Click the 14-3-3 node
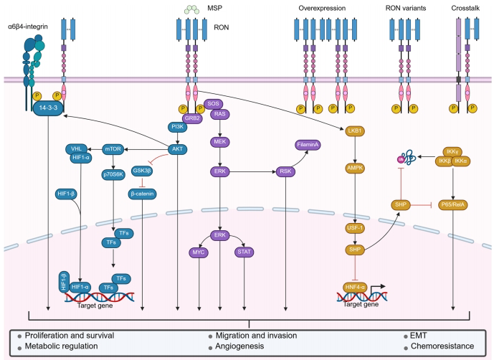pos(49,108)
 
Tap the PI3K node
pos(176,128)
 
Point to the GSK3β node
pos(141,171)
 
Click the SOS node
pos(213,104)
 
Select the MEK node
pos(219,142)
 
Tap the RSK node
pos(285,171)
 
